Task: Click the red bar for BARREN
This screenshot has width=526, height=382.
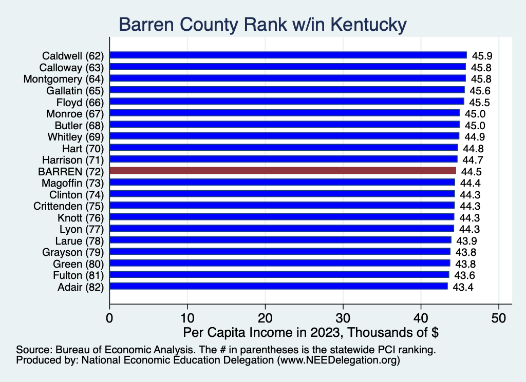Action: pyautogui.click(x=283, y=171)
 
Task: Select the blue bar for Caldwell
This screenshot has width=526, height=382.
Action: pyautogui.click(x=288, y=55)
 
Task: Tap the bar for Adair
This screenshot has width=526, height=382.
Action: pyautogui.click(x=278, y=286)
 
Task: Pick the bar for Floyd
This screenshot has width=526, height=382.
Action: pyautogui.click(x=287, y=102)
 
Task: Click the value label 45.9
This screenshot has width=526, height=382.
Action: pyautogui.click(x=482, y=56)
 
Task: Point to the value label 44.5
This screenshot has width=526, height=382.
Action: pyautogui.click(x=472, y=172)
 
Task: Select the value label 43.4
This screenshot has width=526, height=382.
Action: pyautogui.click(x=463, y=287)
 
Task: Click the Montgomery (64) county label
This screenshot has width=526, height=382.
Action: pyautogui.click(x=64, y=79)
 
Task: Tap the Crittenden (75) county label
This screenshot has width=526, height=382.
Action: pyautogui.click(x=69, y=206)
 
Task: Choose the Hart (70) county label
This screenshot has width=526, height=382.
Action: pyautogui.click(x=83, y=149)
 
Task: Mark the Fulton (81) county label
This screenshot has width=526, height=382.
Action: pyautogui.click(x=79, y=275)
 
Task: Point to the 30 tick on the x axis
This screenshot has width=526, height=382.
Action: pyautogui.click(x=343, y=318)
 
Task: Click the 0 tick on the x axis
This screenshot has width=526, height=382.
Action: pyautogui.click(x=109, y=318)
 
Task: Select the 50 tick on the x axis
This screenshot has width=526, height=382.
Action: pyautogui.click(x=499, y=318)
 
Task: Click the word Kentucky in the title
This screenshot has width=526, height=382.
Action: pyautogui.click(x=368, y=25)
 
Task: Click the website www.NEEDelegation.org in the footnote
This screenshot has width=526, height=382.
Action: pyautogui.click(x=339, y=360)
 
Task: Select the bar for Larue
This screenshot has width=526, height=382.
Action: pyautogui.click(x=280, y=240)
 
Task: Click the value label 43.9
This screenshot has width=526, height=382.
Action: pyautogui.click(x=466, y=241)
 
